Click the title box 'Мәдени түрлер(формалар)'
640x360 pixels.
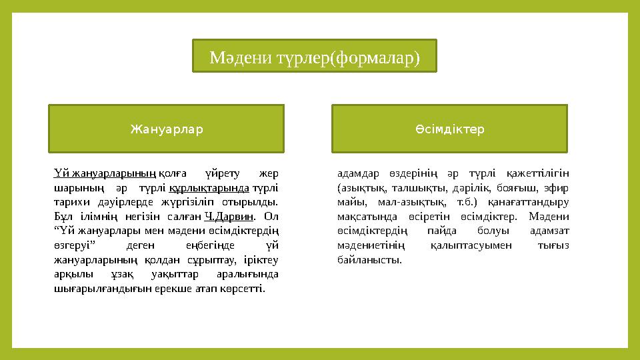pyautogui.click(x=315, y=56)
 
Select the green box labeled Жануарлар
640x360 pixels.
pyautogui.click(x=166, y=129)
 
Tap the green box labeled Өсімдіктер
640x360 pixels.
pyautogui.click(x=449, y=129)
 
